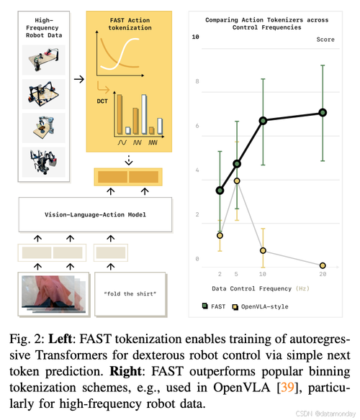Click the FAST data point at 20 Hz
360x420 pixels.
coord(323,113)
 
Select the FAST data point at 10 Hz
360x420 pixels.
coord(263,121)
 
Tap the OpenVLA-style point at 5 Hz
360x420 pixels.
coord(237,181)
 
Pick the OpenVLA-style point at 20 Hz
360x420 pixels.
coord(323,265)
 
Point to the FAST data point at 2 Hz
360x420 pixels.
coord(220,191)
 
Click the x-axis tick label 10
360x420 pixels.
coord(262,274)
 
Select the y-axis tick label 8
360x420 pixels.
coord(197,81)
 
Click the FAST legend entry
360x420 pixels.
coord(214,306)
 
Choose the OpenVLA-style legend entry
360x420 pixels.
coord(260,306)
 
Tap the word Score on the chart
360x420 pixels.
coord(325,40)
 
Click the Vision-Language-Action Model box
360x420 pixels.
coord(95,214)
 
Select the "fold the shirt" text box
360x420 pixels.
coord(130,294)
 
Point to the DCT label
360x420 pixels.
coord(102,101)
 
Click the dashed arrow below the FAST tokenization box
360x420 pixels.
coord(129,160)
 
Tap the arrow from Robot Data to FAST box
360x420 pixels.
coord(79,79)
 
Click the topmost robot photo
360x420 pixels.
coord(44,60)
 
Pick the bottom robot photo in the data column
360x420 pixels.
coord(44,162)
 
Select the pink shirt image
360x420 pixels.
coord(54,294)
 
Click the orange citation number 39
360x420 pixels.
coord(287,388)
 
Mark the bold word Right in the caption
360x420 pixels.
coord(125,371)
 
